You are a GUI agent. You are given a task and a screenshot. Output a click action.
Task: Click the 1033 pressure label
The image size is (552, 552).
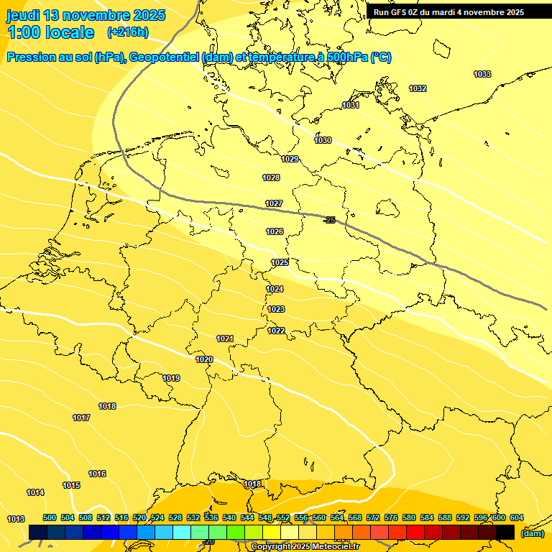[x=482, y=75]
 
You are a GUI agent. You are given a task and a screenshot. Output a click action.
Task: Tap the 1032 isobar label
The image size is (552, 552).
[x=418, y=89]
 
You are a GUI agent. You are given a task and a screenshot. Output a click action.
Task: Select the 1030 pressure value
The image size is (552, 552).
[x=323, y=141]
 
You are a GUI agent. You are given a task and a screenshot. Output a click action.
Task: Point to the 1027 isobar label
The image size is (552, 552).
[x=273, y=204]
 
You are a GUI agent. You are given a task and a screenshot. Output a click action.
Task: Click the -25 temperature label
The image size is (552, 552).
[x=329, y=220]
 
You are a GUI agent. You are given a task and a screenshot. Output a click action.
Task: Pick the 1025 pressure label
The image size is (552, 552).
[x=280, y=263]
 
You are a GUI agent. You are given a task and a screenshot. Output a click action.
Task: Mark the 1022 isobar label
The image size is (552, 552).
[x=276, y=331]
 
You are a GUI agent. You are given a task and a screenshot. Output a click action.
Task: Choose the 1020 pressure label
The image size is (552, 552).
[x=204, y=360]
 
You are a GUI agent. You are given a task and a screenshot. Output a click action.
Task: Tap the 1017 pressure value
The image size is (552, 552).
[x=81, y=418]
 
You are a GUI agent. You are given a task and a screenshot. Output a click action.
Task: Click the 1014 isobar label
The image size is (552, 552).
[x=35, y=493]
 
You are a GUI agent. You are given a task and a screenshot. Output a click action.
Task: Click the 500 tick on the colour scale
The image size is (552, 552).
[x=50, y=518]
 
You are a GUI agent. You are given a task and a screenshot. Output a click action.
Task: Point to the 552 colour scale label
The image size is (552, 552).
[x=283, y=518]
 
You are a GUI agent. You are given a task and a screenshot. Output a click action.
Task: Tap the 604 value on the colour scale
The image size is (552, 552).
[x=517, y=518]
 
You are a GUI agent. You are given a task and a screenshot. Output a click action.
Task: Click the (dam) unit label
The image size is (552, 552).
[x=532, y=533]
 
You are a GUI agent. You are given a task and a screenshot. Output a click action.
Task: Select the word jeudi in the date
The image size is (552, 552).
[x=23, y=15]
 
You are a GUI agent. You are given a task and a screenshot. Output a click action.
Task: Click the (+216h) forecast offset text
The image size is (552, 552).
[x=127, y=32]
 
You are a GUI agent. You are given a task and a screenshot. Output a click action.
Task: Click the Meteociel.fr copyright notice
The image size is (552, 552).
[x=305, y=547]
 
